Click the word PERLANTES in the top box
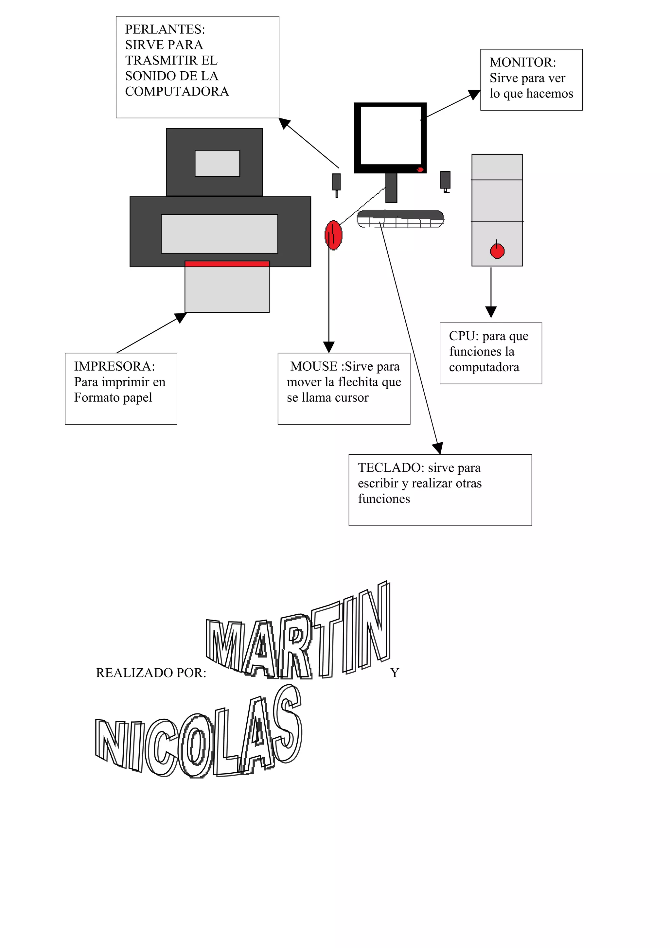click(x=165, y=29)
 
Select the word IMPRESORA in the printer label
click(x=114, y=366)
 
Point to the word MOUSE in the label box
click(x=313, y=366)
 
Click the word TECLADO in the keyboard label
click(x=390, y=467)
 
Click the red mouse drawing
click(x=334, y=235)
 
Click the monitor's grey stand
click(x=391, y=188)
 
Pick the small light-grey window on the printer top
click(x=217, y=163)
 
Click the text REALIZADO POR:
click(x=151, y=673)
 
